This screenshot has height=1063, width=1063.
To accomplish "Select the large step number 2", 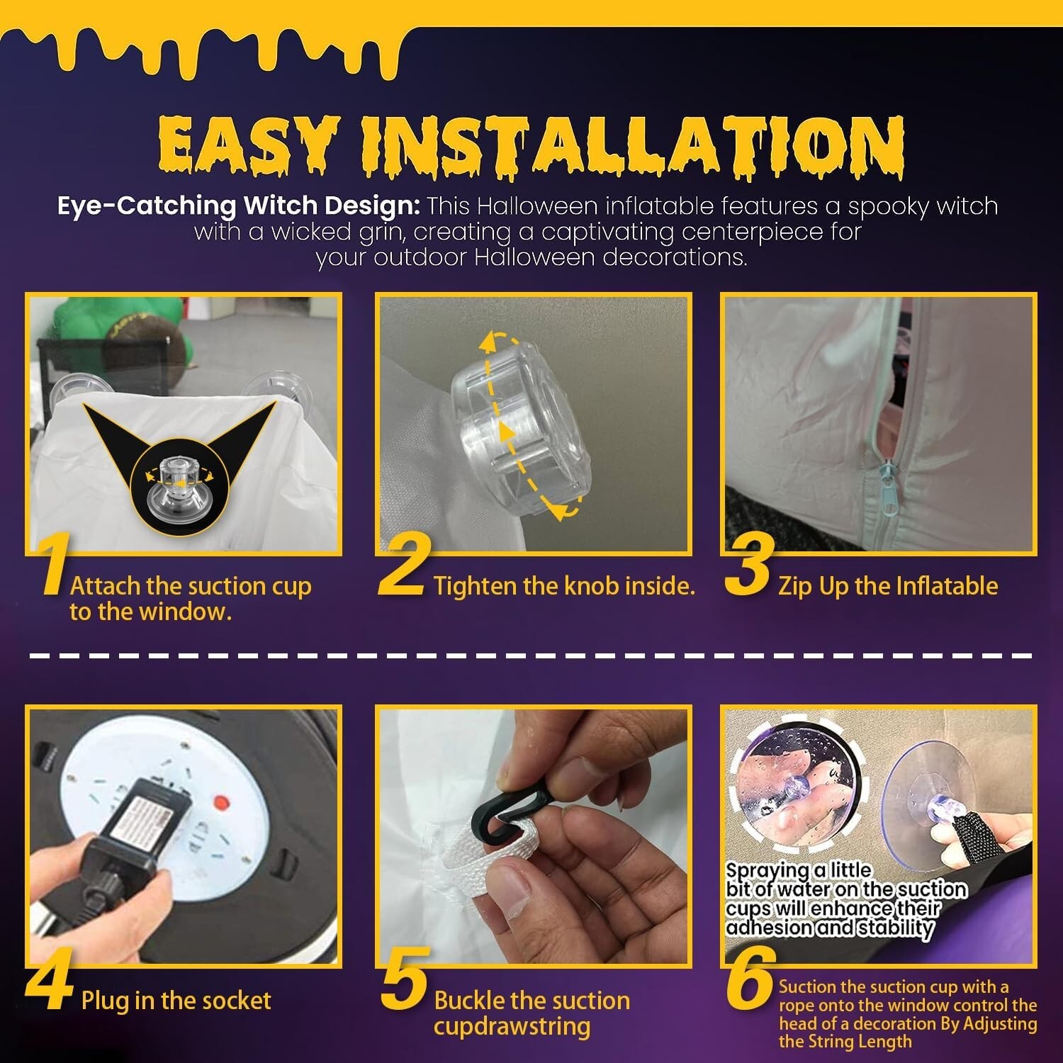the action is click(x=404, y=566).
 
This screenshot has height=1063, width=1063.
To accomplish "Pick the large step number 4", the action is click(x=50, y=982).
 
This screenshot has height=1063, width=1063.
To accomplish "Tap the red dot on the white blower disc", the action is click(x=222, y=804).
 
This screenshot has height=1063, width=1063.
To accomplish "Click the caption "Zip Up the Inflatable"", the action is click(x=888, y=586).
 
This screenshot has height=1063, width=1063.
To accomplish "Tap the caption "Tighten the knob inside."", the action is click(x=564, y=586).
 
